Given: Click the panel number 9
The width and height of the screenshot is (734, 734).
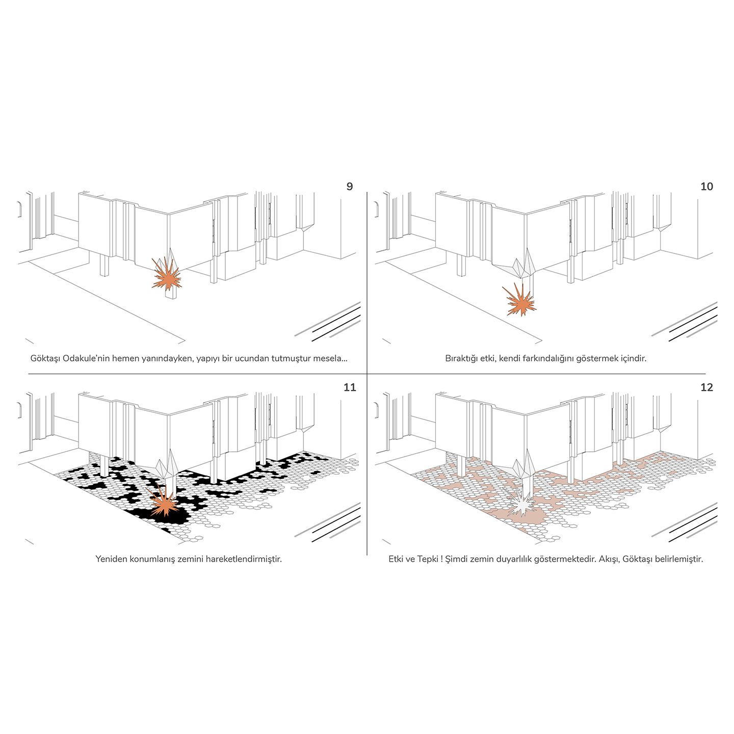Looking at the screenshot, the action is [349, 187].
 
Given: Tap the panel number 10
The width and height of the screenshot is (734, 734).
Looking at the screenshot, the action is [706, 187].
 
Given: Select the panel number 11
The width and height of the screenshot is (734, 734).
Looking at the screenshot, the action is [349, 387].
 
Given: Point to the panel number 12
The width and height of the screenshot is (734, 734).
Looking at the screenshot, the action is [706, 387].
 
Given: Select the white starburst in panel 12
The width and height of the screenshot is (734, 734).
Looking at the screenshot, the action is [521, 503].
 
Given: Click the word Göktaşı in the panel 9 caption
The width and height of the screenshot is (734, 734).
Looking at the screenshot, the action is [45, 359].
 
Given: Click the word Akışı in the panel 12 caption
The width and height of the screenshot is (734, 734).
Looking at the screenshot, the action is [609, 560].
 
